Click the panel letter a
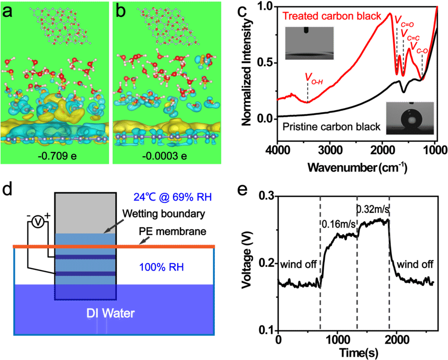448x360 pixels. [x=8, y=11]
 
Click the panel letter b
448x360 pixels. [x=121, y=11]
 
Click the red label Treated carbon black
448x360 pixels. [x=332, y=16]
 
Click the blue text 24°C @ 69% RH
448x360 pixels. [x=173, y=198]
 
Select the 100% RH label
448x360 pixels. [x=161, y=267]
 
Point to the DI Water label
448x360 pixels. [x=110, y=313]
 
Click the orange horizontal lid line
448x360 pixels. [x=159, y=246]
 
